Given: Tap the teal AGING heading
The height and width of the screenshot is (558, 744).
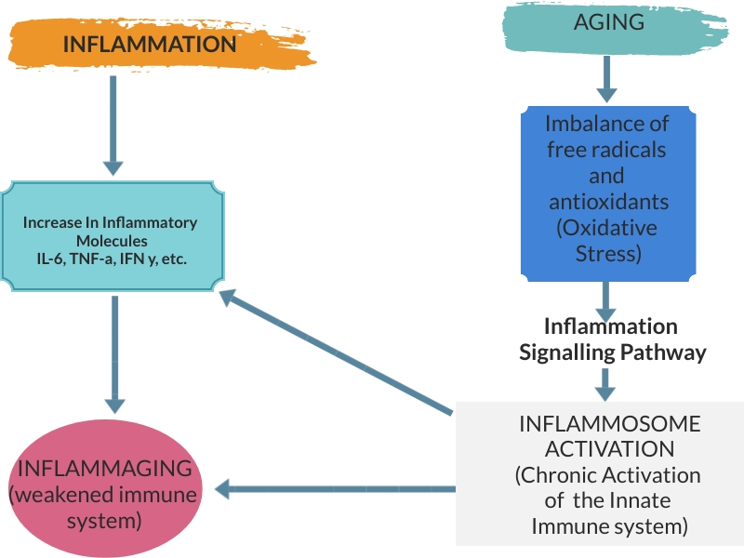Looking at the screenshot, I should (609, 22).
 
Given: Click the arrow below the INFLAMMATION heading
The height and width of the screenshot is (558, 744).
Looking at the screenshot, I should (113, 126).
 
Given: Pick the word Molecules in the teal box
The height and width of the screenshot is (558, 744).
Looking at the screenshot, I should (113, 241).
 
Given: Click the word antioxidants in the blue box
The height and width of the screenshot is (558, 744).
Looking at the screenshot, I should (606, 201).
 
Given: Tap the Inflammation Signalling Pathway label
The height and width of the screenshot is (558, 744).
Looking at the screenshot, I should (610, 339).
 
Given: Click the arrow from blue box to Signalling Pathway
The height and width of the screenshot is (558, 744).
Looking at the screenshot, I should (606, 299).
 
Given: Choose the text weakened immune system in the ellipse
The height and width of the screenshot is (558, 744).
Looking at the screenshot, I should (104, 507).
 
